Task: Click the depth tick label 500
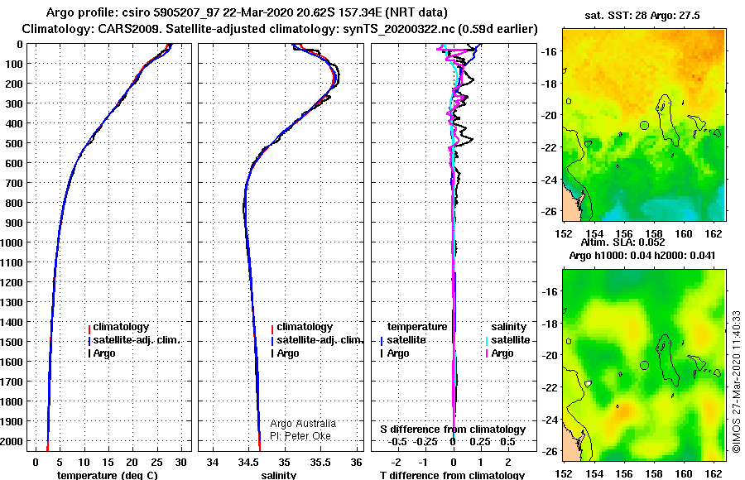pos(13,143)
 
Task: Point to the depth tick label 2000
pos(12,441)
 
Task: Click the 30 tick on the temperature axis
pos(180,463)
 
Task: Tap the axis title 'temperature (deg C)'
pos(108,475)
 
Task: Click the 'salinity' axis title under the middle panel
pos(279,475)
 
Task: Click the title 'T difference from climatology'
pos(452,475)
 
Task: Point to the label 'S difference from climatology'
pos(453,430)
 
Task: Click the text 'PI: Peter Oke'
pos(300,436)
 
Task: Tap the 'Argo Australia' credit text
pos(303,424)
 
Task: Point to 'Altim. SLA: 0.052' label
pos(622,242)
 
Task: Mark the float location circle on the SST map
pos(644,126)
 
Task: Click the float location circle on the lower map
pos(644,366)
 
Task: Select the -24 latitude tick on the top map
pos(550,180)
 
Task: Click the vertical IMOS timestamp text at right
pos(737,382)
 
